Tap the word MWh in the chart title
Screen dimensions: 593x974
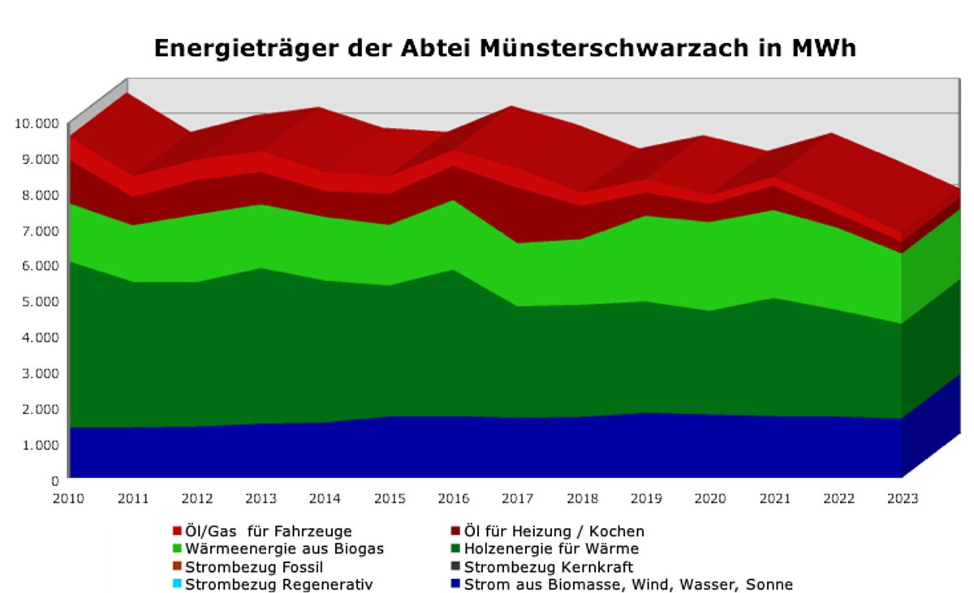(819, 49)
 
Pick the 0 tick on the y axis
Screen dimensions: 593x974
(55, 480)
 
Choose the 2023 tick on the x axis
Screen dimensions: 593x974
(903, 498)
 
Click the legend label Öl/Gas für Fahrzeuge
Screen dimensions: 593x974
(269, 531)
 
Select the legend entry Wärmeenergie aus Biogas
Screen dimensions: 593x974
(284, 549)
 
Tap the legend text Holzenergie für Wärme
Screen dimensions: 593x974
(551, 549)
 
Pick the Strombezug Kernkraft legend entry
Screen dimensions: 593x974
(548, 567)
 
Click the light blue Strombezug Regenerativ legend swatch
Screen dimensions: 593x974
(177, 584)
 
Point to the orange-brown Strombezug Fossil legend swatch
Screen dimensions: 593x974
(177, 566)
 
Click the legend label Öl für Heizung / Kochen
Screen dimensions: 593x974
(554, 531)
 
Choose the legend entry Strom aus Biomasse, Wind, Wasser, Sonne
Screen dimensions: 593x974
(628, 584)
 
